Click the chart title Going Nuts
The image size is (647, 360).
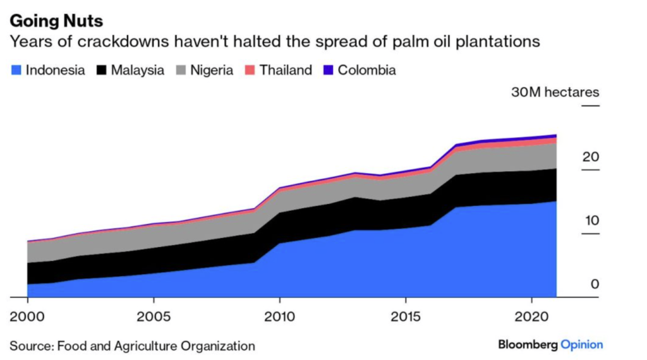tap(56, 21)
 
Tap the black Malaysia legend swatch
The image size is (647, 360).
tap(101, 70)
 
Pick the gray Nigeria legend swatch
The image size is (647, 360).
tap(179, 70)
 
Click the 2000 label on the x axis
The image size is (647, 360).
tap(27, 314)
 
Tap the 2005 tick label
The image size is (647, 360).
tap(153, 314)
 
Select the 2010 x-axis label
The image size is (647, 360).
tap(279, 314)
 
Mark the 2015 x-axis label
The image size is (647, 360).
tap(404, 314)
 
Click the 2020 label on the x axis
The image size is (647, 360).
tap(531, 314)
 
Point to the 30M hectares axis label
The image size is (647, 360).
tap(555, 92)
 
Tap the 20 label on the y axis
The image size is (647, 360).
tap(590, 157)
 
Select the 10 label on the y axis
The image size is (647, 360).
tap(590, 220)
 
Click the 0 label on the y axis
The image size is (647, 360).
tap(594, 284)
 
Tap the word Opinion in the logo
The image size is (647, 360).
tap(582, 345)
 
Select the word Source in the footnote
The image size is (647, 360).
tap(30, 346)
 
